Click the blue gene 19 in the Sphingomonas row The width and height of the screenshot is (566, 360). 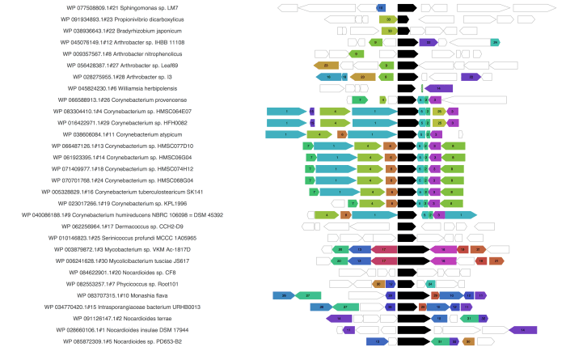click(x=381, y=7)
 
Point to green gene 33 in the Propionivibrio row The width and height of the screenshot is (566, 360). click(x=388, y=19)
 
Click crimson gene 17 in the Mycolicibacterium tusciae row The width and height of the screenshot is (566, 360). click(x=383, y=261)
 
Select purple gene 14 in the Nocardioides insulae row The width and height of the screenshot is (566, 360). click(x=523, y=330)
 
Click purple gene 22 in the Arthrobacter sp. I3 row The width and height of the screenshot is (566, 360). click(x=470, y=77)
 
